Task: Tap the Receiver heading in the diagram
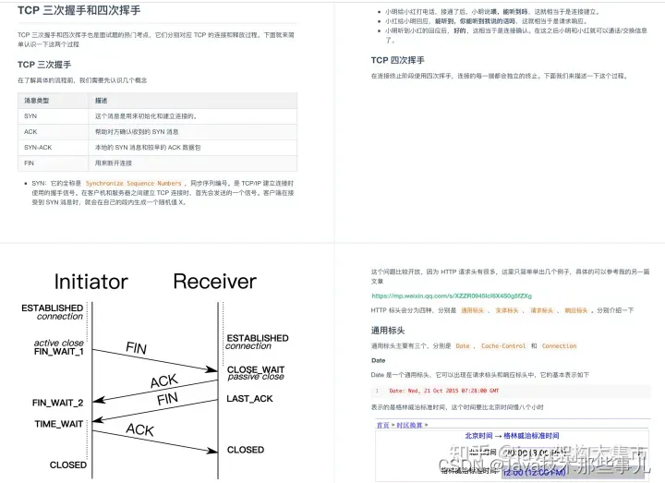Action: pyautogui.click(x=214, y=281)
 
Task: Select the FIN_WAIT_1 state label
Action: pyautogui.click(x=59, y=352)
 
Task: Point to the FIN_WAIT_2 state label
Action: pyautogui.click(x=58, y=403)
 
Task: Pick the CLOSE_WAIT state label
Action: pyautogui.click(x=256, y=368)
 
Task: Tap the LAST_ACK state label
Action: pyautogui.click(x=249, y=398)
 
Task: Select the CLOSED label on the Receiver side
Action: pyautogui.click(x=246, y=450)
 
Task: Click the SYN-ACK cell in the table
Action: pyautogui.click(x=38, y=146)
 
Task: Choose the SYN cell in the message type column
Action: pyautogui.click(x=30, y=115)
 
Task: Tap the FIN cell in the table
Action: pyautogui.click(x=30, y=162)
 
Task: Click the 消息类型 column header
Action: pyautogui.click(x=37, y=100)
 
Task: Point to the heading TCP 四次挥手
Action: pyautogui.click(x=397, y=60)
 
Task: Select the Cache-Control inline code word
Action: pyautogui.click(x=503, y=346)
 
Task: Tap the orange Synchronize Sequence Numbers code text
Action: pyautogui.click(x=134, y=183)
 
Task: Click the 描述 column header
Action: pyautogui.click(x=102, y=100)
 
